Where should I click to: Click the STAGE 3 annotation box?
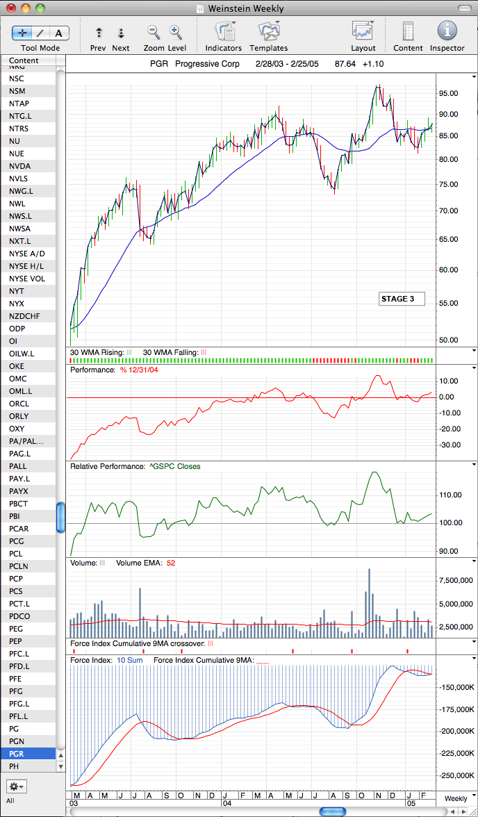402,299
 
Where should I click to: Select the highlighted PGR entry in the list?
28,753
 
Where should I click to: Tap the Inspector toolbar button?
447,31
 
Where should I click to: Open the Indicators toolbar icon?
224,31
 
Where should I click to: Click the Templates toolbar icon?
268,31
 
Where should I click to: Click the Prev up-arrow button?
99,33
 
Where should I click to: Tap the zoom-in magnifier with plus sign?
176,33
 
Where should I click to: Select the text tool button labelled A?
59,33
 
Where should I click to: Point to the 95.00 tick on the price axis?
448,93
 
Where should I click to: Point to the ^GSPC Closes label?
175,466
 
